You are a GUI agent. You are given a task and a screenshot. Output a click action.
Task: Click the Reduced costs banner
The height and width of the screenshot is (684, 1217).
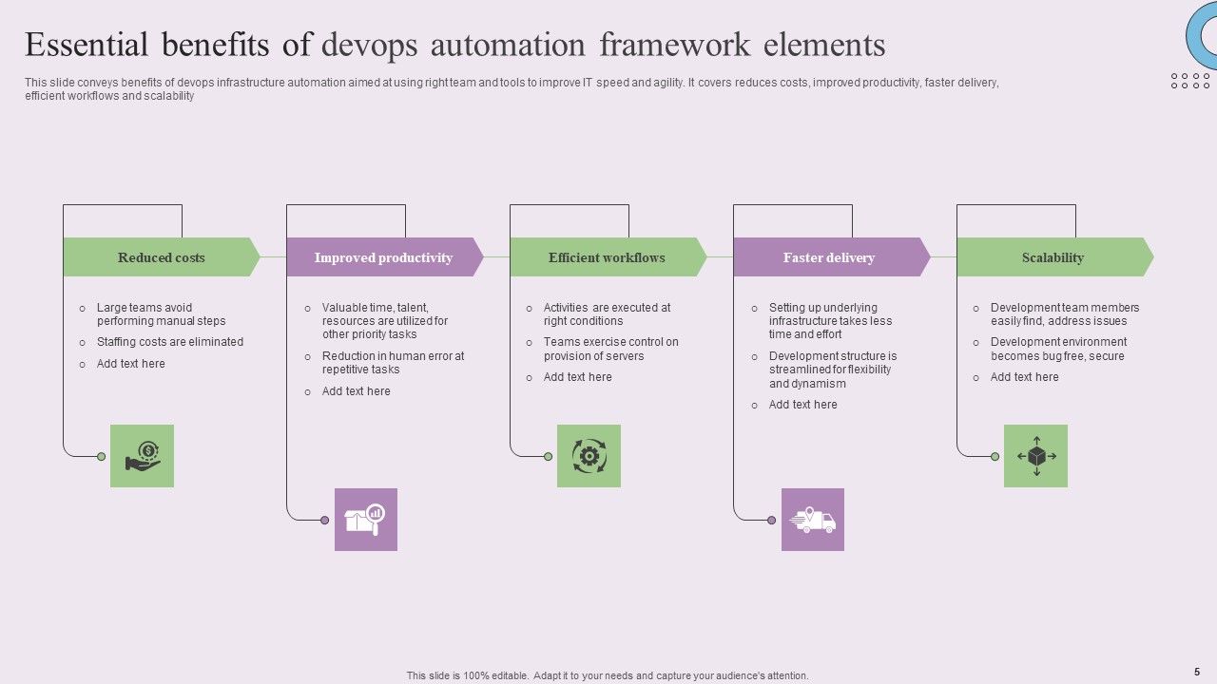pos(161,257)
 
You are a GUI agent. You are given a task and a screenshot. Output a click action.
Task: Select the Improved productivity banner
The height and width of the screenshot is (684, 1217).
pos(383,257)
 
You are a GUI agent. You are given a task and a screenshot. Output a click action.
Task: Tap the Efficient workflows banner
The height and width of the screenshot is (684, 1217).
pos(607,257)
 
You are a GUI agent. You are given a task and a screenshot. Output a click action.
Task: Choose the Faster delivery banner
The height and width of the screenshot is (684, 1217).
pos(829,257)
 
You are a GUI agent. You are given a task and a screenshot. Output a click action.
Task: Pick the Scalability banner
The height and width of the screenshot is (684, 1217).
pos(1053,257)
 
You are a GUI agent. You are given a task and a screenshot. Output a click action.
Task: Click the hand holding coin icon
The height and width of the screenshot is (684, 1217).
pos(143,456)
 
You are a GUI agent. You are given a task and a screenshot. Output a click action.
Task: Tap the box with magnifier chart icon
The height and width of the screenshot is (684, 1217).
pos(366,520)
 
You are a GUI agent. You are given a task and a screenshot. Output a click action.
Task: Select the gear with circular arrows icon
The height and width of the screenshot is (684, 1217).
pos(589,456)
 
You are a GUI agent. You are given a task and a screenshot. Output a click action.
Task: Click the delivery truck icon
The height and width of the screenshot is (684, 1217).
pos(813,520)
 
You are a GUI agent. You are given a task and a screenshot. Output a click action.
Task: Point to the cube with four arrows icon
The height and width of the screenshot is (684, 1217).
pos(1036,456)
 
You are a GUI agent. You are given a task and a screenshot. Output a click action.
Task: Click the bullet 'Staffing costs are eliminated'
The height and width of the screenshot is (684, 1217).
pos(170,342)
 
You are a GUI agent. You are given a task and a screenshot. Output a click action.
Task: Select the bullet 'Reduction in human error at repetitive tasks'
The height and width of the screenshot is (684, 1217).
pos(393,363)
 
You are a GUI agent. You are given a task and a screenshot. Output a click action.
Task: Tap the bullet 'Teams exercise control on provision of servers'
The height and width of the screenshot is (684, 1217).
pos(610,349)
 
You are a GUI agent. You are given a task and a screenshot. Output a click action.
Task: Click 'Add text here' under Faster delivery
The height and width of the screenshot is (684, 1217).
pos(803,405)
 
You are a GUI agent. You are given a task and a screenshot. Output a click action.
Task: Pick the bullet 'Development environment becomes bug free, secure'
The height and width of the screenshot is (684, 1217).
pos(1058,349)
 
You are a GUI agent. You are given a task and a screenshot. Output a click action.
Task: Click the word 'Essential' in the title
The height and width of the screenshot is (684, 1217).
pos(87,45)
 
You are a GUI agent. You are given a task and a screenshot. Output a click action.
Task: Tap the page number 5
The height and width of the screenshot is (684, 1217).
pos(1197,672)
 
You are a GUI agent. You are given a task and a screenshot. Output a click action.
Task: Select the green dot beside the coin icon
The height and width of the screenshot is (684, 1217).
pos(102,457)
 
